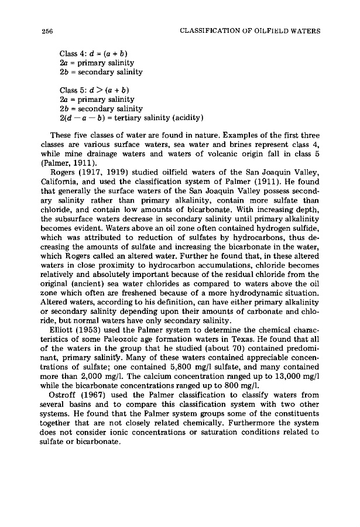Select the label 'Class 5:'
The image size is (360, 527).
[73, 90]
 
